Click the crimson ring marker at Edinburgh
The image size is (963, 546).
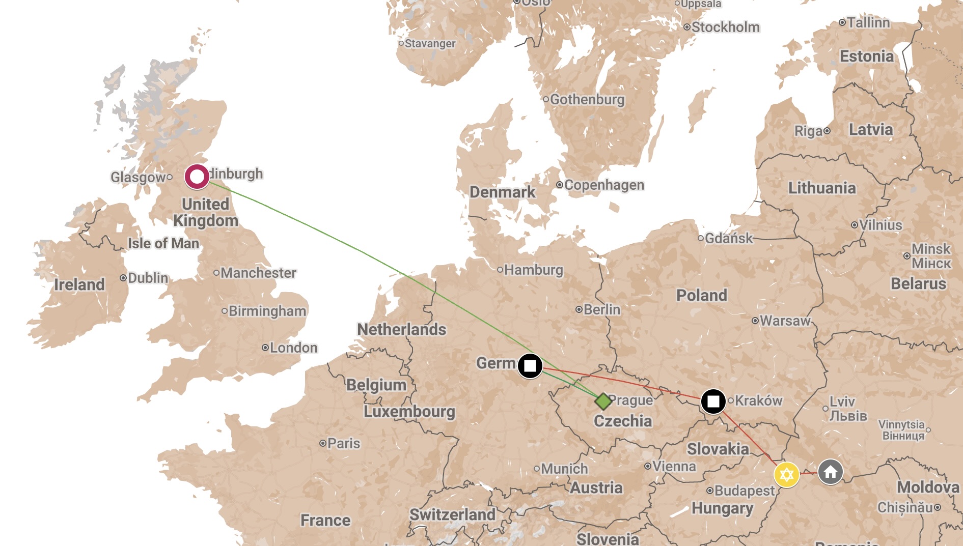(197, 177)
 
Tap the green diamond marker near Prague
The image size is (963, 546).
(603, 401)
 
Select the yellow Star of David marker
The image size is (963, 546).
(786, 475)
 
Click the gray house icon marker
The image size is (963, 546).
(831, 472)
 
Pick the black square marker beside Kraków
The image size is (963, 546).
(713, 401)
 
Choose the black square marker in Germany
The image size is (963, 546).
(530, 365)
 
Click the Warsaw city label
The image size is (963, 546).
(784, 321)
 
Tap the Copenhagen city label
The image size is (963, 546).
(603, 185)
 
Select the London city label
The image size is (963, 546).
(293, 348)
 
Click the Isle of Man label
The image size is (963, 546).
(163, 243)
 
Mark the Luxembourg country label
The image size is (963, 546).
(409, 411)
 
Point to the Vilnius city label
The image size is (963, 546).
(880, 225)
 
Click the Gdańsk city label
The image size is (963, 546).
(728, 238)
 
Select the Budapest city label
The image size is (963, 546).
(744, 491)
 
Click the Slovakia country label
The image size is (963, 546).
(718, 449)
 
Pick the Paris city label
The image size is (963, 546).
(343, 443)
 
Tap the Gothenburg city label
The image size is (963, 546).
(587, 99)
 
